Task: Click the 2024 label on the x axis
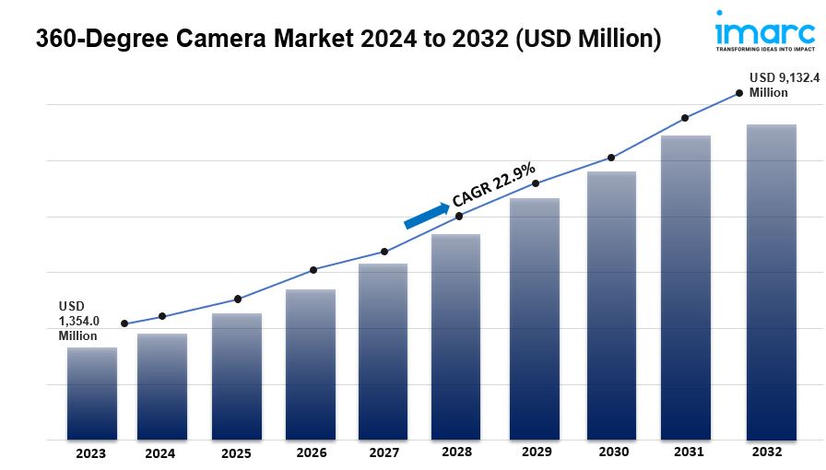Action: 159,453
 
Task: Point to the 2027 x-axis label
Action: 383,453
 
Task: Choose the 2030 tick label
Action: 613,452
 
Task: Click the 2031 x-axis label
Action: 690,452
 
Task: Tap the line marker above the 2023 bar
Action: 124,323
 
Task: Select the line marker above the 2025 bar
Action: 238,299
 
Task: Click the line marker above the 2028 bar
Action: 460,216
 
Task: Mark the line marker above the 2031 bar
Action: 685,118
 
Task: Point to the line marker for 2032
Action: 738,92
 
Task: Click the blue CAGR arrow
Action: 426,214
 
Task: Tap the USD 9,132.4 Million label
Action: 784,85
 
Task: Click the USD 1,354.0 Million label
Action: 78,320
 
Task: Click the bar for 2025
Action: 236,376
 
